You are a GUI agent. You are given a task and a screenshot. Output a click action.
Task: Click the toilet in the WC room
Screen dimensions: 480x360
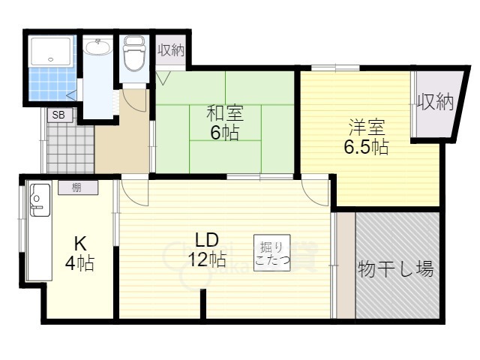(133, 54)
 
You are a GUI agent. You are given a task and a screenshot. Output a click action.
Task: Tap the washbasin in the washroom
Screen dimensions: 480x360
(98, 46)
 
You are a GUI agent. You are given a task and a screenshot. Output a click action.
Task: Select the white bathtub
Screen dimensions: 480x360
(52, 52)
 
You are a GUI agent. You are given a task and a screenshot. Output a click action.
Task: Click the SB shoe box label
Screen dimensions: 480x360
(58, 115)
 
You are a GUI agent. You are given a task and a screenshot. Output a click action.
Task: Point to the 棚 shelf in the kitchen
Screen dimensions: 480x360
(78, 187)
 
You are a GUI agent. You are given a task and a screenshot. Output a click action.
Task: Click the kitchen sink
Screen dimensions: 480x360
(40, 199)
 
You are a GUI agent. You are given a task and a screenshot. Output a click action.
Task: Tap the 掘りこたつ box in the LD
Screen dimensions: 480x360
(271, 253)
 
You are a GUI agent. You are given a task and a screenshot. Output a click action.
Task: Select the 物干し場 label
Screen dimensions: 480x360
(396, 268)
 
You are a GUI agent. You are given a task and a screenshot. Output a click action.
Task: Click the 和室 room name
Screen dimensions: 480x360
(225, 113)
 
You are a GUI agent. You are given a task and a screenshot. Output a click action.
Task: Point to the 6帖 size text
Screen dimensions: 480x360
(224, 132)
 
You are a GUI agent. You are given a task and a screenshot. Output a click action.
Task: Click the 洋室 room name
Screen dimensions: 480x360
(367, 127)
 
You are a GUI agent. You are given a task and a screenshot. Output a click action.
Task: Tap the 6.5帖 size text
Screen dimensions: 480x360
(366, 147)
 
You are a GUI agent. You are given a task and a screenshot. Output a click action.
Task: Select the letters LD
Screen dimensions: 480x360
(207, 240)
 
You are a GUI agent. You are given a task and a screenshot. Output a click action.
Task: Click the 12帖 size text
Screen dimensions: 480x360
(207, 259)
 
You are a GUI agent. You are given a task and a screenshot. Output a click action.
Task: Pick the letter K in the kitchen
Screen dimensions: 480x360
(80, 244)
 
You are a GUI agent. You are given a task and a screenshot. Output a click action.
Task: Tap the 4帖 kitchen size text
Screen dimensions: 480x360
(79, 262)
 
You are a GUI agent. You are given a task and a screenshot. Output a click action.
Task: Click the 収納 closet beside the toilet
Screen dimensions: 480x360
(171, 50)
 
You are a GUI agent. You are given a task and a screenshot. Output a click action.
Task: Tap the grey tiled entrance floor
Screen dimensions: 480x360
(70, 148)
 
